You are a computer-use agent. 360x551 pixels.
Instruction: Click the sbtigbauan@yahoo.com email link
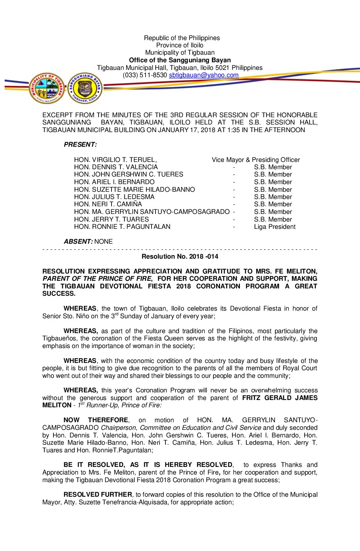click(x=203, y=75)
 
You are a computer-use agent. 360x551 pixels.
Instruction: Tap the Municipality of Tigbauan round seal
click(x=47, y=88)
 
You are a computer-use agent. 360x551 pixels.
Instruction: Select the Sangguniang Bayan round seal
click(x=85, y=88)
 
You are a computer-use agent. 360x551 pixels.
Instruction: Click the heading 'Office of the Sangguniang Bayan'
click(x=180, y=60)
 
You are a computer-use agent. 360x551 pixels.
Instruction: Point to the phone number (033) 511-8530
click(x=145, y=75)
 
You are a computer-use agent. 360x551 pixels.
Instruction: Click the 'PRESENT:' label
click(x=80, y=145)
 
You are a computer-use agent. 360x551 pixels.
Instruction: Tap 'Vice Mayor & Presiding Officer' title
click(x=256, y=160)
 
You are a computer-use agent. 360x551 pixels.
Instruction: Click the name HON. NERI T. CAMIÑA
click(x=108, y=204)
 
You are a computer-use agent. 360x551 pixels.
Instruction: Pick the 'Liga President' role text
click(x=275, y=227)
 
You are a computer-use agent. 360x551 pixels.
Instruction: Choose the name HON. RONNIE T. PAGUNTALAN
click(x=122, y=227)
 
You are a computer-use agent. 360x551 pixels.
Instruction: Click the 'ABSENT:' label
click(x=78, y=242)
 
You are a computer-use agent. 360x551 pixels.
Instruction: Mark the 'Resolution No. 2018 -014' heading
click(x=180, y=257)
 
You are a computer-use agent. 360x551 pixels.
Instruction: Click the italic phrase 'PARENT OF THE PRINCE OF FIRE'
click(x=97, y=279)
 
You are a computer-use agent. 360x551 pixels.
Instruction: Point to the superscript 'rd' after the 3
click(x=116, y=314)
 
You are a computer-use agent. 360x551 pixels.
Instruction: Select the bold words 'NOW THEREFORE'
click(x=96, y=420)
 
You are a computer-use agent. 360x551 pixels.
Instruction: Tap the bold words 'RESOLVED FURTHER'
click(x=98, y=495)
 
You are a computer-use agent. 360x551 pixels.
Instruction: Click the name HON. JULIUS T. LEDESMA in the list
click(x=114, y=197)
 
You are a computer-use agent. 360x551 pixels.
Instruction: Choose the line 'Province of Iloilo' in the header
click(x=180, y=45)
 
